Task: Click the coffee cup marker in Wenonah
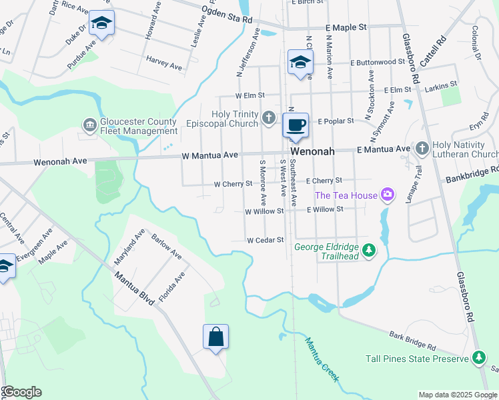(x=296, y=125)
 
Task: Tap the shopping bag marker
(x=216, y=337)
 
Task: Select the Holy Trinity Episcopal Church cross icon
(x=268, y=118)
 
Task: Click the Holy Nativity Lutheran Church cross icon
(x=421, y=148)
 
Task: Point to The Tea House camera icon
(x=387, y=195)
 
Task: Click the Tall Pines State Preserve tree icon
(x=478, y=358)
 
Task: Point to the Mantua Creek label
(x=322, y=361)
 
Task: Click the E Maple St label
(x=346, y=27)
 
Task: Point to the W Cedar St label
(x=266, y=240)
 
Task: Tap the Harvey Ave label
(x=165, y=65)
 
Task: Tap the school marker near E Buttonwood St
(x=300, y=63)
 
